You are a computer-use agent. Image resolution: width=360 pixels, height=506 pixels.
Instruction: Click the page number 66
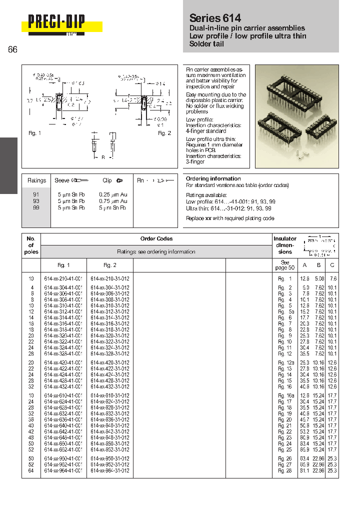pos(12,49)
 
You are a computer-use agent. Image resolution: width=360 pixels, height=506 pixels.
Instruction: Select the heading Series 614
pos(215,18)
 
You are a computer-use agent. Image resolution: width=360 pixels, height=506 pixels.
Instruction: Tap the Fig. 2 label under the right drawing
pos(164,133)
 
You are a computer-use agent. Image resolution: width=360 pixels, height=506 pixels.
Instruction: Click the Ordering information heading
pos(213,178)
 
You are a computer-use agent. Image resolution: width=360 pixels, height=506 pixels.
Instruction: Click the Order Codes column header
pos(156,239)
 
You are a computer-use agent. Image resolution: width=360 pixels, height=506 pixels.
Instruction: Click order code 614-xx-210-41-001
pos(63,278)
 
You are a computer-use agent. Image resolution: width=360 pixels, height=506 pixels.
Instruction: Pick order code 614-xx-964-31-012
pos(110,471)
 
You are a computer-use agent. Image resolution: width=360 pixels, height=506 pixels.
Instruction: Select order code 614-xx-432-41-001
pos(63,387)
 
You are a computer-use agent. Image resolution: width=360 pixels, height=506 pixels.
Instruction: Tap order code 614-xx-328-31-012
pos(110,353)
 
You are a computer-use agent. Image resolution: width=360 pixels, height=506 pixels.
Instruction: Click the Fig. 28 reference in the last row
pos(285,471)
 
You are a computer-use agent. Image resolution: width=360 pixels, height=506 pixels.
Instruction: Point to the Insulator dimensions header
pos(285,245)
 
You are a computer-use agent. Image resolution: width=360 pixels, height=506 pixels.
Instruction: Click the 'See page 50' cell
pos(285,265)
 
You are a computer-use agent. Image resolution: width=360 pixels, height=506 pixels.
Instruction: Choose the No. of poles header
pos(31,245)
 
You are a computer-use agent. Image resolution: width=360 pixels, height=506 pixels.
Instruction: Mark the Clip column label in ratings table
pos(107,180)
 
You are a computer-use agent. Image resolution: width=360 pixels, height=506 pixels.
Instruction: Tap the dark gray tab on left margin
pos(8,165)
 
